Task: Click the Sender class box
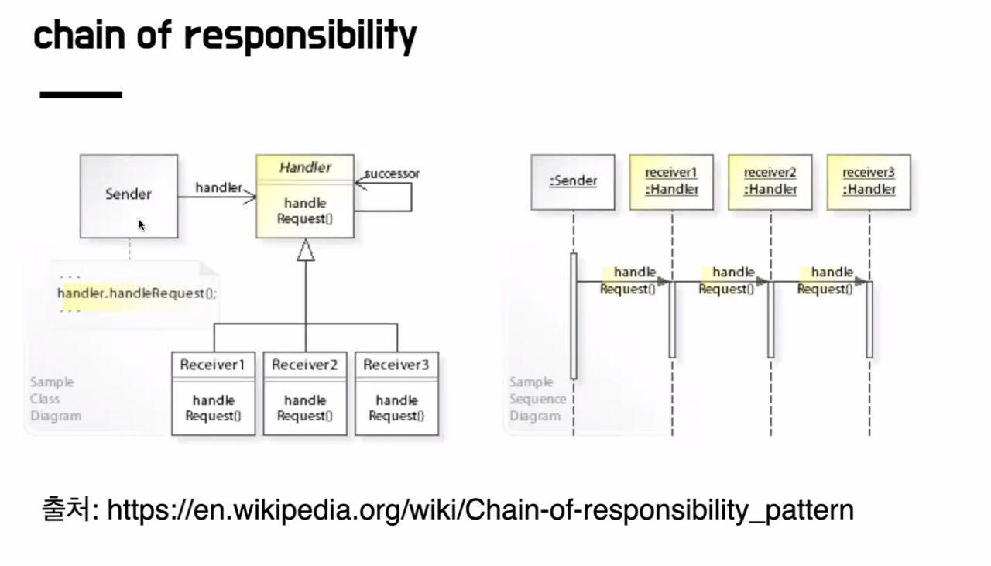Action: coord(129,195)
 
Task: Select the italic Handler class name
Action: coord(305,167)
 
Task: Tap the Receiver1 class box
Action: coord(213,393)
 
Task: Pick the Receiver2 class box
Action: coord(305,393)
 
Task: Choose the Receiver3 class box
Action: coord(396,393)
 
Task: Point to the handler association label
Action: coord(218,187)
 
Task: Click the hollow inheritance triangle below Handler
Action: coord(306,249)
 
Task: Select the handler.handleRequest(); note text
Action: coord(137,293)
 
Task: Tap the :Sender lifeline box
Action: coord(572,182)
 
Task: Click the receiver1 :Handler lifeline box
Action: coord(671,182)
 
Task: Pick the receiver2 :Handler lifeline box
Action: coord(770,182)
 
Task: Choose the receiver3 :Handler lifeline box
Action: coord(869,182)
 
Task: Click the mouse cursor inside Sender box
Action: coord(142,225)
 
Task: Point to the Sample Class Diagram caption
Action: coord(55,399)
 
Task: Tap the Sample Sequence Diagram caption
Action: coord(537,399)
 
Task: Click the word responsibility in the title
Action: coord(301,36)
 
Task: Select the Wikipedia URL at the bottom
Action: coord(480,510)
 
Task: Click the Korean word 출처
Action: coord(65,510)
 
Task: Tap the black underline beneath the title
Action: coord(81,94)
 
